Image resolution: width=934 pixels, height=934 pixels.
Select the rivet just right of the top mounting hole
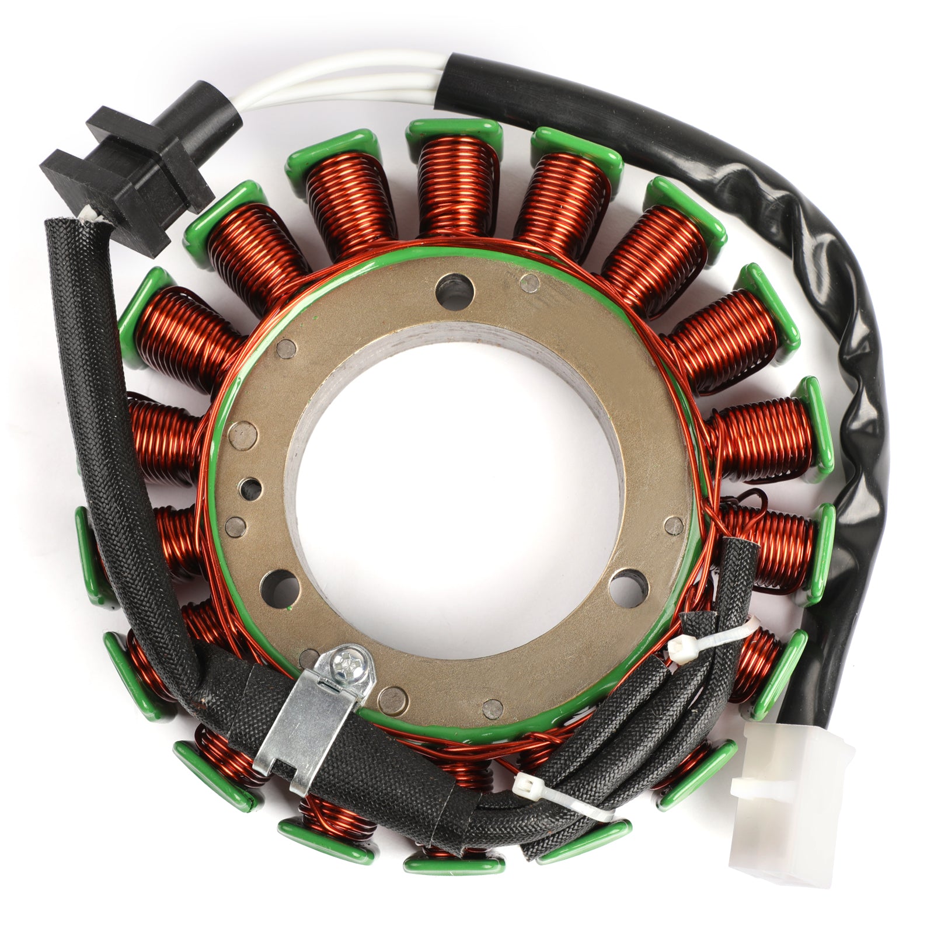point(529,282)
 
